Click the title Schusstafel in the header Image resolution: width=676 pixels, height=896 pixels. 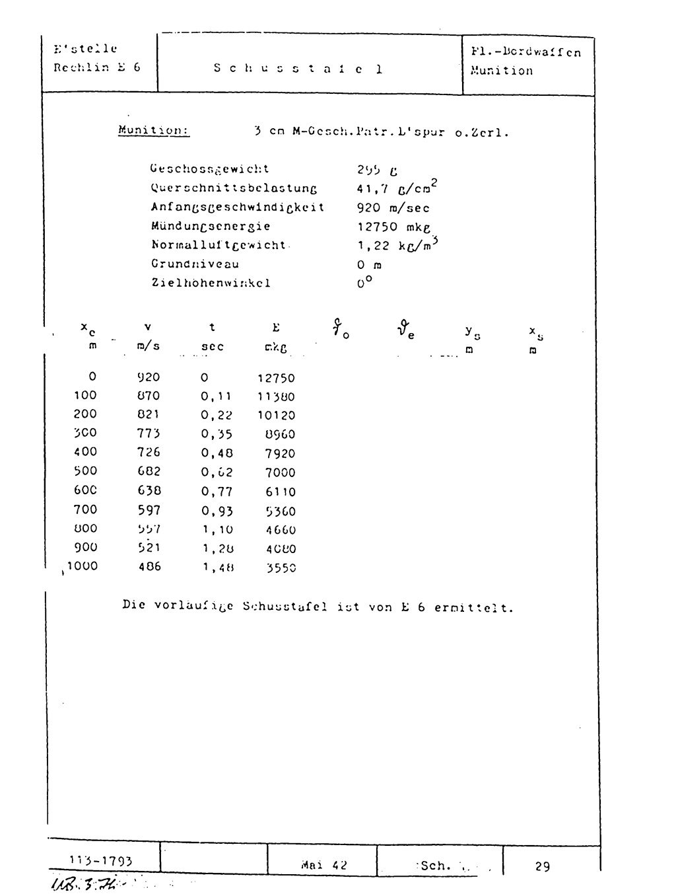(298, 69)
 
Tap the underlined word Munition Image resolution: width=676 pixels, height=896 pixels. (154, 130)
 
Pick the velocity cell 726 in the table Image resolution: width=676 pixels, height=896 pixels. (149, 452)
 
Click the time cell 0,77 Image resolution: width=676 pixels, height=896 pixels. (217, 491)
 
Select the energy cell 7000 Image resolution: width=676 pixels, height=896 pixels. (280, 472)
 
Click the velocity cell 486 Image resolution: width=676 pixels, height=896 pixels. (149, 566)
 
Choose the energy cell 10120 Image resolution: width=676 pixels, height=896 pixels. (276, 416)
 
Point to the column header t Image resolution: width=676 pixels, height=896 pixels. (212, 327)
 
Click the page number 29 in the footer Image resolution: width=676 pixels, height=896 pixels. (543, 866)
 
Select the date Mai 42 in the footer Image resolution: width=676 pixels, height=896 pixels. (323, 865)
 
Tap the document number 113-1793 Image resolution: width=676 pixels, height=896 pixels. (100, 861)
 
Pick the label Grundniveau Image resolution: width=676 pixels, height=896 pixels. (195, 264)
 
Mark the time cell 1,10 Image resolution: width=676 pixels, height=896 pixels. (217, 529)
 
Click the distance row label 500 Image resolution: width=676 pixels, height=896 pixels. (84, 470)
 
